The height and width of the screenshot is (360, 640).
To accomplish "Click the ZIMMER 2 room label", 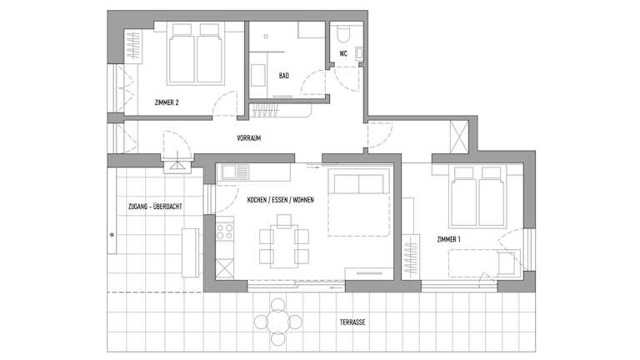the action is pyautogui.click(x=167, y=102).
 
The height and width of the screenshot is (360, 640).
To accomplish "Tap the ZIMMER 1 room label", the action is pyautogui.click(x=448, y=240).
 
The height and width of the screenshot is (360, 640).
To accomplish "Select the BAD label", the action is pyautogui.click(x=284, y=76).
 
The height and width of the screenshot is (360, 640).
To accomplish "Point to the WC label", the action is pyautogui.click(x=343, y=53).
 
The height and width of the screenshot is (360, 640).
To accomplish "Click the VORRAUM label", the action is pyautogui.click(x=249, y=138).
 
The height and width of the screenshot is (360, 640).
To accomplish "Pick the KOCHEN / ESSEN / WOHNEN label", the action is pyautogui.click(x=280, y=200).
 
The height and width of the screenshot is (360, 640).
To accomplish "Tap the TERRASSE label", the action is pyautogui.click(x=352, y=322).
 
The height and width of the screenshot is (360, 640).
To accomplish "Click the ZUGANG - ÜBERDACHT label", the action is pyautogui.click(x=155, y=207).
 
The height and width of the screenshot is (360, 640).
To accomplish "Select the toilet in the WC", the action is pyautogui.click(x=343, y=34).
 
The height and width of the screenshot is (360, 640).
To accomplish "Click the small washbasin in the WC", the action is pyautogui.click(x=359, y=53).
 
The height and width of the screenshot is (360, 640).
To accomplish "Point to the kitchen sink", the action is pyautogui.click(x=235, y=172).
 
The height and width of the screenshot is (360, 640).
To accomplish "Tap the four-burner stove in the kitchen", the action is pyautogui.click(x=224, y=231).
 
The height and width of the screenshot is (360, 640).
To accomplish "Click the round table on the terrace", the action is pyautogui.click(x=278, y=322).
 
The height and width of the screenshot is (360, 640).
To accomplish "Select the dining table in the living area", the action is pyautogui.click(x=284, y=246).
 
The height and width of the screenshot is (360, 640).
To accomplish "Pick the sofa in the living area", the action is pyautogui.click(x=358, y=202).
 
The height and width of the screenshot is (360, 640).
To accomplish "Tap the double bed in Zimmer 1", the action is pyautogui.click(x=477, y=197).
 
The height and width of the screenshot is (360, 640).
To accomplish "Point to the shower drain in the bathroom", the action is pyautogui.click(x=266, y=37).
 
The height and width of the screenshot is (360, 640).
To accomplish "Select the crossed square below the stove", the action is pyautogui.click(x=224, y=269).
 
